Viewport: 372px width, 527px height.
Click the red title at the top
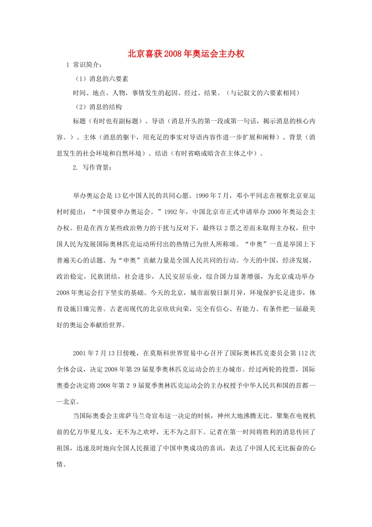click(x=186, y=54)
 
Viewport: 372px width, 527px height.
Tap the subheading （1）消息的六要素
click(x=102, y=79)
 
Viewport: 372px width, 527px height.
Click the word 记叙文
click(x=253, y=93)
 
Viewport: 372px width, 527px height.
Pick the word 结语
click(x=161, y=153)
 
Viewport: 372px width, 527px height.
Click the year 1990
click(x=202, y=196)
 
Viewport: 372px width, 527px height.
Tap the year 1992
click(x=171, y=212)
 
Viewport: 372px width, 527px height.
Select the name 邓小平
click(x=246, y=196)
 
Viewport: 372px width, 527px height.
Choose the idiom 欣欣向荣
click(x=176, y=309)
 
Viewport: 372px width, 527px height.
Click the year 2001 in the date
click(x=79, y=353)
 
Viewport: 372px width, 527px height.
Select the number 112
click(x=303, y=353)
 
